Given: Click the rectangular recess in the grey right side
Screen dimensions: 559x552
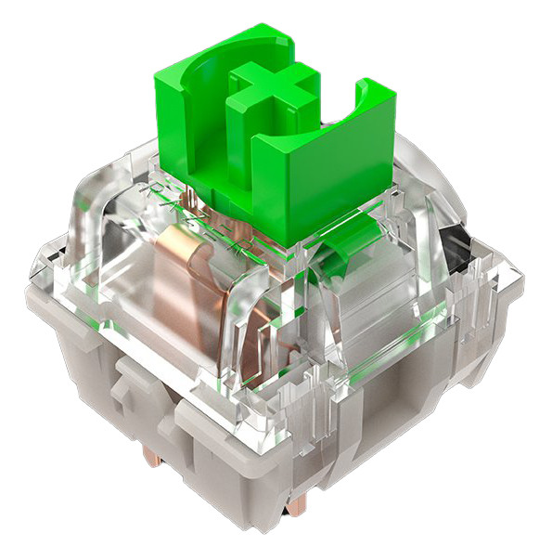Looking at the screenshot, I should click(390, 390).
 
